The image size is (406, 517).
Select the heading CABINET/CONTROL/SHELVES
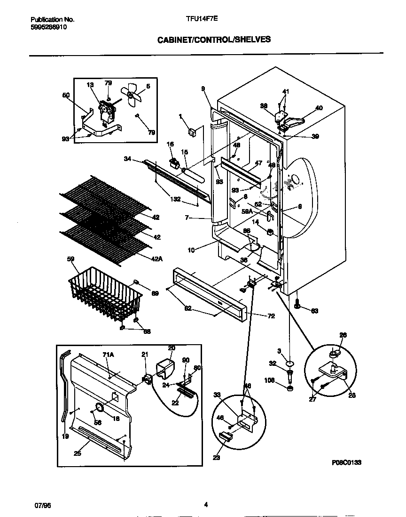pos(214,40)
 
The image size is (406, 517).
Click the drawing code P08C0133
pos(346,463)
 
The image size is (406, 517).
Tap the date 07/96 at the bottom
pos(42,505)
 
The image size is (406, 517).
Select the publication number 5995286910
pos(48,27)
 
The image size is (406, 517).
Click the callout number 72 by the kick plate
pos(271,316)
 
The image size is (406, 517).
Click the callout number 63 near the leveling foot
pos(314,310)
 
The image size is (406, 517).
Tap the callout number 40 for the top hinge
pos(319,108)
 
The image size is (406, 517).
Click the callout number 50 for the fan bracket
pos(66,95)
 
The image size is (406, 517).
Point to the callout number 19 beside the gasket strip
pos(65,436)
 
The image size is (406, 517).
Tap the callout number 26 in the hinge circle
pos(343,335)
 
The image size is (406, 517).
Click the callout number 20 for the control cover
pos(172,348)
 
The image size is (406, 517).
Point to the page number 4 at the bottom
pos(206,505)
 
